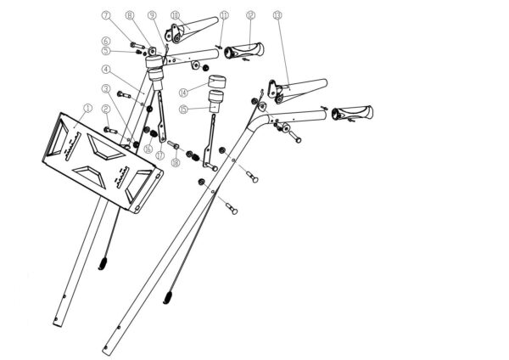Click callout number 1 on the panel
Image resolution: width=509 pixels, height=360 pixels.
[88, 108]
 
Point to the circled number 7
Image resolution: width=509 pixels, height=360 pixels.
[106, 16]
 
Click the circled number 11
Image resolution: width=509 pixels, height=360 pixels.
[224, 15]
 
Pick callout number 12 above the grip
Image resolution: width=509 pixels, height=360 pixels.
[250, 15]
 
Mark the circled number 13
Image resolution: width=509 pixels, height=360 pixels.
[277, 15]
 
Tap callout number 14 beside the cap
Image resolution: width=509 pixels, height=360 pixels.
[182, 91]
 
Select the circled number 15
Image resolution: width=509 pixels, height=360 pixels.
[182, 109]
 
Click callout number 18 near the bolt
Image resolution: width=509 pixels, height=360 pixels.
[175, 161]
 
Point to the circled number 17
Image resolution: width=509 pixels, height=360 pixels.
[159, 155]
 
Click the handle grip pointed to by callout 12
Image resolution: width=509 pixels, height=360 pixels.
[245, 53]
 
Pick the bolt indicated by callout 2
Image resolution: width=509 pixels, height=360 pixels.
[114, 130]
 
